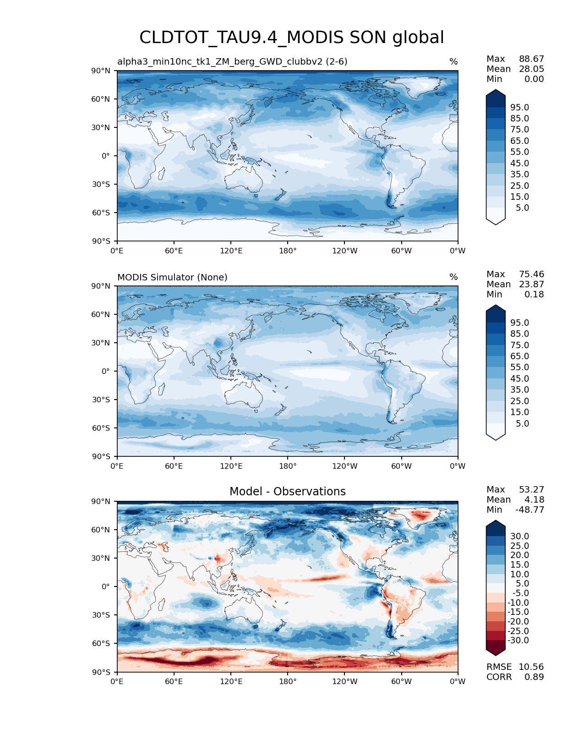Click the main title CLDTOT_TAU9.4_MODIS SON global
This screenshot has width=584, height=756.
click(291, 38)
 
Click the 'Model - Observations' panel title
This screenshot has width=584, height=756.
click(287, 492)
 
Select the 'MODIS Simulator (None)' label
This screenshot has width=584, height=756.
click(172, 277)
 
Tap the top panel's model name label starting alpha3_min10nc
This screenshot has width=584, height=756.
click(232, 62)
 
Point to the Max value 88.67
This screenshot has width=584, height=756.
click(531, 59)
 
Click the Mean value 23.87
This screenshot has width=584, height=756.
click(531, 285)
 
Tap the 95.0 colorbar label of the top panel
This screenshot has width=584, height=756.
click(519, 108)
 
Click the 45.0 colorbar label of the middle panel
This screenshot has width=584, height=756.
click(519, 379)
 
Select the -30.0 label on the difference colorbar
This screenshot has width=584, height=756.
click(518, 641)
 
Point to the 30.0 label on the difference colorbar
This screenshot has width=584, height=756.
click(519, 537)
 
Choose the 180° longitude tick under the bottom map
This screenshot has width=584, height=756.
click(288, 682)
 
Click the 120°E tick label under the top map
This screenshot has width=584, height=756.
click(231, 251)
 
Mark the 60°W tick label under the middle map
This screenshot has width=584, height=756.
click(401, 466)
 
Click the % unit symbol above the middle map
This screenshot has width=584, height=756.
click(453, 277)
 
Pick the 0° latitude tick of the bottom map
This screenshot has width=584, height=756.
click(106, 586)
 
